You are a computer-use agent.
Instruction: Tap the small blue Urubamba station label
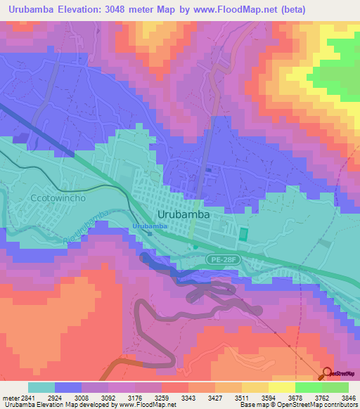tap(150, 226)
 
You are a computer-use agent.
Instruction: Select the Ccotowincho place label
tap(58, 199)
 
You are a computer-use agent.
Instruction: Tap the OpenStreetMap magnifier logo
tap(328, 374)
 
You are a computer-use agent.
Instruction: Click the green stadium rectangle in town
tap(244, 233)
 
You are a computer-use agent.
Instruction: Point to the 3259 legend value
tap(170, 397)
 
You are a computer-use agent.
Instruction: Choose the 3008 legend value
tap(82, 397)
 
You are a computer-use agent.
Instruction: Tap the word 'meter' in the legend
tap(9, 397)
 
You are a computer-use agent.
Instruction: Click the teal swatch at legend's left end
tap(41, 387)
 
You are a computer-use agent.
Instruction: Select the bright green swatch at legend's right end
tap(335, 387)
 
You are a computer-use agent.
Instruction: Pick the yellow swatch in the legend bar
tap(281, 387)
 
